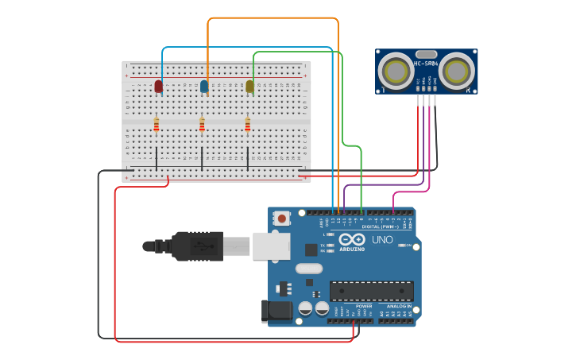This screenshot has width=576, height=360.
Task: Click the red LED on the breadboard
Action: (x=158, y=86)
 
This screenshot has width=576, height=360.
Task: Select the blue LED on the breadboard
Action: (x=204, y=86)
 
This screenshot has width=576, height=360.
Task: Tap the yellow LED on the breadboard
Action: (x=249, y=86)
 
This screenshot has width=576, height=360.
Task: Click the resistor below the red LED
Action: (x=157, y=124)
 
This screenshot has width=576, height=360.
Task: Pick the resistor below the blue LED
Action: (x=202, y=124)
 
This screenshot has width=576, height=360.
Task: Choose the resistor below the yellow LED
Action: (x=247, y=124)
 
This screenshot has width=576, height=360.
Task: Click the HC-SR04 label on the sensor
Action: (x=426, y=63)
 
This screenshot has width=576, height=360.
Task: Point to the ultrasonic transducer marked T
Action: (x=395, y=71)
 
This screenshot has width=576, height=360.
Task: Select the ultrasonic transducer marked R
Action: (x=456, y=71)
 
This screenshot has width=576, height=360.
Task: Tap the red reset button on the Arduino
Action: (x=281, y=218)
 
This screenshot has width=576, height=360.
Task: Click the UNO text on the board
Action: (x=382, y=239)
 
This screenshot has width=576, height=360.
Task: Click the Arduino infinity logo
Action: (x=352, y=239)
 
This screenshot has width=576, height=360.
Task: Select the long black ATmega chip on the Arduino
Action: (x=371, y=291)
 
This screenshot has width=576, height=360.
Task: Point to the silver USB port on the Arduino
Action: (x=271, y=246)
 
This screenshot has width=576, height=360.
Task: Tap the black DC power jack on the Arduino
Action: (x=277, y=310)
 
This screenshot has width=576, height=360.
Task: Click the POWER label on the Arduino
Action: (x=363, y=306)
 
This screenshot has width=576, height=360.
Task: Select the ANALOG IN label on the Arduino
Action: (x=398, y=306)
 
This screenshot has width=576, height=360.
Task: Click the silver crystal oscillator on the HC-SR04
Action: (x=426, y=53)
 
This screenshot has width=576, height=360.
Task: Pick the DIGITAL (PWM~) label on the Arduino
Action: (x=380, y=226)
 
